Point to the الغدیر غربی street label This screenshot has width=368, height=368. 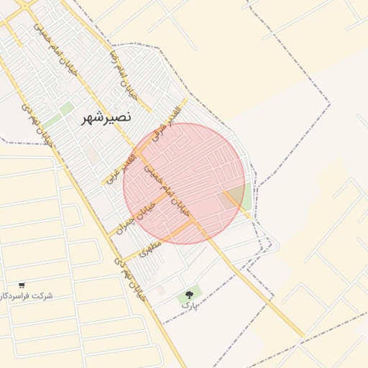pos(121,167)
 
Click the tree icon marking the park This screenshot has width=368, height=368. pos(190,295)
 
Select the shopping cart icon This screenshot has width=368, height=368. pos(22,285)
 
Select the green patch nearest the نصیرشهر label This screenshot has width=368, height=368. pos(67,109)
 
